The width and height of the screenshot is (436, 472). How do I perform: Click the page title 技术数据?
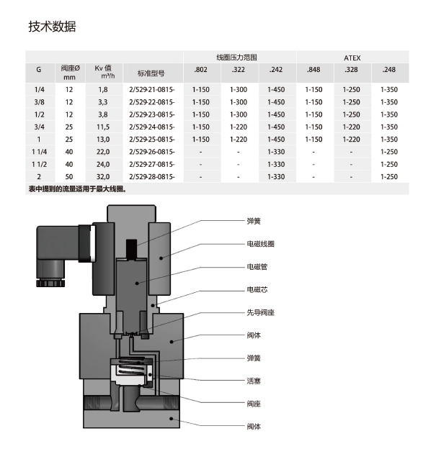pos(52,27)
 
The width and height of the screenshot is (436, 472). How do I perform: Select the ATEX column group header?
pos(352,57)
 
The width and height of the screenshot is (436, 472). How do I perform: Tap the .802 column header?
pos(200,71)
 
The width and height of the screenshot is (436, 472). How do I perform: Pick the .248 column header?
pos(389,71)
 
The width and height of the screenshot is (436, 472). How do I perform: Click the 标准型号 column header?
pos(151,73)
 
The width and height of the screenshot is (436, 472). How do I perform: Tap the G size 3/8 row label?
pos(39,102)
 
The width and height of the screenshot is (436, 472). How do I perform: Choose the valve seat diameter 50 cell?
pos(69,176)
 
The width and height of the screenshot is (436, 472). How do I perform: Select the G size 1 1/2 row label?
pos(39,164)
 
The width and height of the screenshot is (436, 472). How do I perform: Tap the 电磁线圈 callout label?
pos(260,244)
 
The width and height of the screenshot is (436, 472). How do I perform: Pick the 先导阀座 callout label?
pos(260,313)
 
